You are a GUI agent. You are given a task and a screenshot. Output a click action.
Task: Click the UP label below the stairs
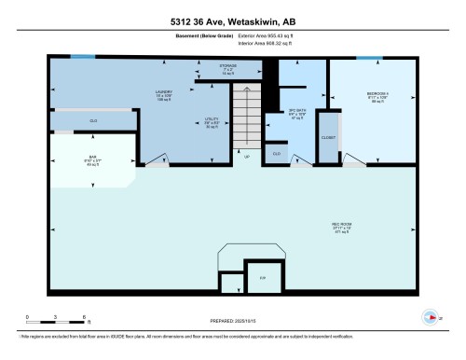246,156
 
